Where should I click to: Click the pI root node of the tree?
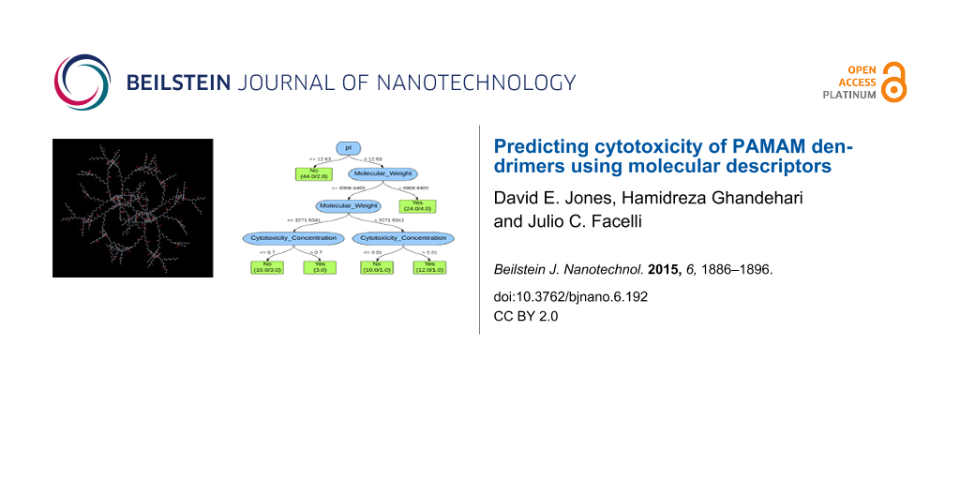click(348, 148)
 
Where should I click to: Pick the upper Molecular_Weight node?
click(382, 173)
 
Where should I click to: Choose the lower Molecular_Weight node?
click(348, 205)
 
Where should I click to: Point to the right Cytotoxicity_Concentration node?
click(403, 238)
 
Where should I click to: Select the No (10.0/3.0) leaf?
click(267, 267)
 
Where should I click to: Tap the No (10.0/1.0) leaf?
click(377, 267)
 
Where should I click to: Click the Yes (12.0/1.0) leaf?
click(429, 267)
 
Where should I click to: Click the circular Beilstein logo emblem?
click(82, 82)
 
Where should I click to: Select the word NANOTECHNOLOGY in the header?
click(476, 82)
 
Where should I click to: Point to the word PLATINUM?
click(849, 95)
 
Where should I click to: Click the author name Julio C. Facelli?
click(561, 222)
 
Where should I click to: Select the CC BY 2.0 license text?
click(525, 317)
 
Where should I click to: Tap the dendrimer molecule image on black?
click(132, 208)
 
